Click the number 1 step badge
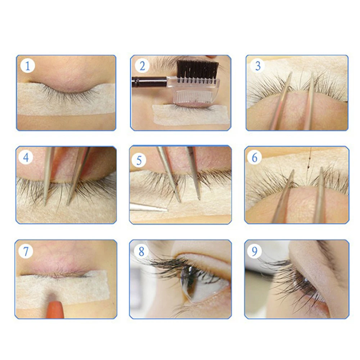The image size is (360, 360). (x=28, y=66)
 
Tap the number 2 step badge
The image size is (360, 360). (x=142, y=66)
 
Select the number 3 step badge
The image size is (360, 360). (x=258, y=66)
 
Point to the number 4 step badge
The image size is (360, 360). (x=26, y=158)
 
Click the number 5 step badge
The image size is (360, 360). (x=139, y=160)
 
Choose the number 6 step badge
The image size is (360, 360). (x=255, y=157)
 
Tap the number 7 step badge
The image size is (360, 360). (x=26, y=251)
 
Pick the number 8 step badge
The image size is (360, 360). (x=141, y=251)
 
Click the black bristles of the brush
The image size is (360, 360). (x=197, y=69)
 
